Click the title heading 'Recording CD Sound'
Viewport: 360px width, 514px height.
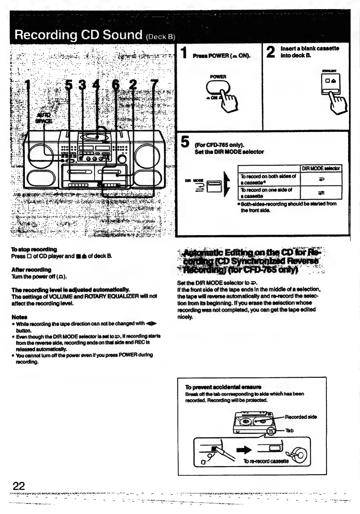point(79,34)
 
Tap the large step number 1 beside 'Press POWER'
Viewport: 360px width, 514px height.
point(184,52)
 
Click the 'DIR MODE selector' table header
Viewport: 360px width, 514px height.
point(321,169)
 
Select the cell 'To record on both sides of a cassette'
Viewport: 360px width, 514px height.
point(269,179)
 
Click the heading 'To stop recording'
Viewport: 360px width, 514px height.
point(34,249)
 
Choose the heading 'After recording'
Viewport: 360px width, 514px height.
point(31,270)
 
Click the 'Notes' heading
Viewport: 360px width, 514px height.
point(19,317)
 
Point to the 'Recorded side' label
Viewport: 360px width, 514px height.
point(300,417)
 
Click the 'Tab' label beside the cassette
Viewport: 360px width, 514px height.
point(290,430)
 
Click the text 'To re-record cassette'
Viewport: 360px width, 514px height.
point(266,461)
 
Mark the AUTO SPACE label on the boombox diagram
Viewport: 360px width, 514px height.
point(44,118)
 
